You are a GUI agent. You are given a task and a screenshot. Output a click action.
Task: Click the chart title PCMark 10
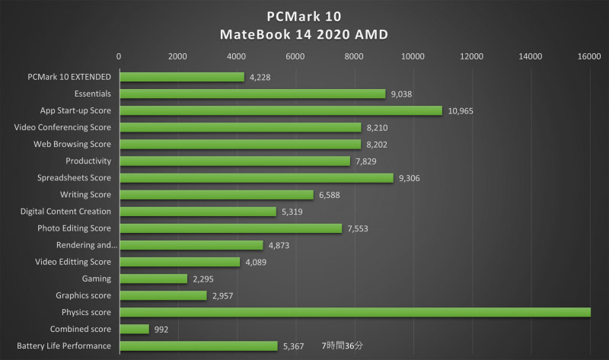click(304, 15)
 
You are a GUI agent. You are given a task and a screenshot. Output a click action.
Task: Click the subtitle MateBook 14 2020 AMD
click(304, 34)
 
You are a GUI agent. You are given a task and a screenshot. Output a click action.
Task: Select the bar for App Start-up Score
click(280, 110)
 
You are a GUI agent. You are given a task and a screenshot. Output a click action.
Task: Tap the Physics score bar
click(355, 312)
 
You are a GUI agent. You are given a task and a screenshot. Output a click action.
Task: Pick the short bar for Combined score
click(134, 329)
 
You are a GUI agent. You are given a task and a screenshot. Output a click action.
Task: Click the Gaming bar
click(153, 279)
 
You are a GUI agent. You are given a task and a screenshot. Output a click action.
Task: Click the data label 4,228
click(260, 77)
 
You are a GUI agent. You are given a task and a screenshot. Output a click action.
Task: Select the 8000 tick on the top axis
click(354, 56)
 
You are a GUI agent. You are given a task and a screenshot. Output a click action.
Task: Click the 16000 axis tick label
click(589, 56)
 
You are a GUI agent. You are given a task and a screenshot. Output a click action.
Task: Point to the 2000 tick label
click(177, 56)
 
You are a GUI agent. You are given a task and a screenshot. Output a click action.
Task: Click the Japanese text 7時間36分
click(343, 346)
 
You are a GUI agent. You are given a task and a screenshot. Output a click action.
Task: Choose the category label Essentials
click(93, 94)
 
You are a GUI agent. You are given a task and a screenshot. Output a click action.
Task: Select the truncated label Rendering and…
click(87, 245)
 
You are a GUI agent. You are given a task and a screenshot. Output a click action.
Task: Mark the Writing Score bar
click(216, 195)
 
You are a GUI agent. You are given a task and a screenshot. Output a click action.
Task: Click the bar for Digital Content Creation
click(198, 212)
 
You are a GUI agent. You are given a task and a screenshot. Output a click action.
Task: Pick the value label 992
click(161, 329)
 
